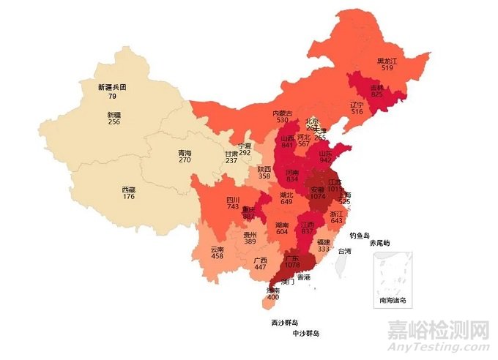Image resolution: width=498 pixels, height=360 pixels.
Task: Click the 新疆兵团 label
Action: point(112,86)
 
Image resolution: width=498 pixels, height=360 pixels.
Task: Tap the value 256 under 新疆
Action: point(114,122)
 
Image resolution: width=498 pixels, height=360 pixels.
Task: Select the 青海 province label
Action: point(185,152)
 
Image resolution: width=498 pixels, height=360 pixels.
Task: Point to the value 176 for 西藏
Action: point(128,196)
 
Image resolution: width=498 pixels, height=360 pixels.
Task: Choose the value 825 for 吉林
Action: point(376,94)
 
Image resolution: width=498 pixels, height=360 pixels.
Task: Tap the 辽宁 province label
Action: point(357,105)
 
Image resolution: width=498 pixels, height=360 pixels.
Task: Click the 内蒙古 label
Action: point(283,113)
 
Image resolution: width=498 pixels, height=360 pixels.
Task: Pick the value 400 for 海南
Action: point(272,298)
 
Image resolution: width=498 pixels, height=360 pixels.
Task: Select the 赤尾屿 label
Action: point(379,243)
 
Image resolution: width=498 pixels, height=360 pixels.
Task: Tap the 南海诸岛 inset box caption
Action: point(393,300)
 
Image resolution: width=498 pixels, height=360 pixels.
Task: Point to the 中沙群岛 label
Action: point(306,333)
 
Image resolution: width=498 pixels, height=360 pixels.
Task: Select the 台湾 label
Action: point(343,251)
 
